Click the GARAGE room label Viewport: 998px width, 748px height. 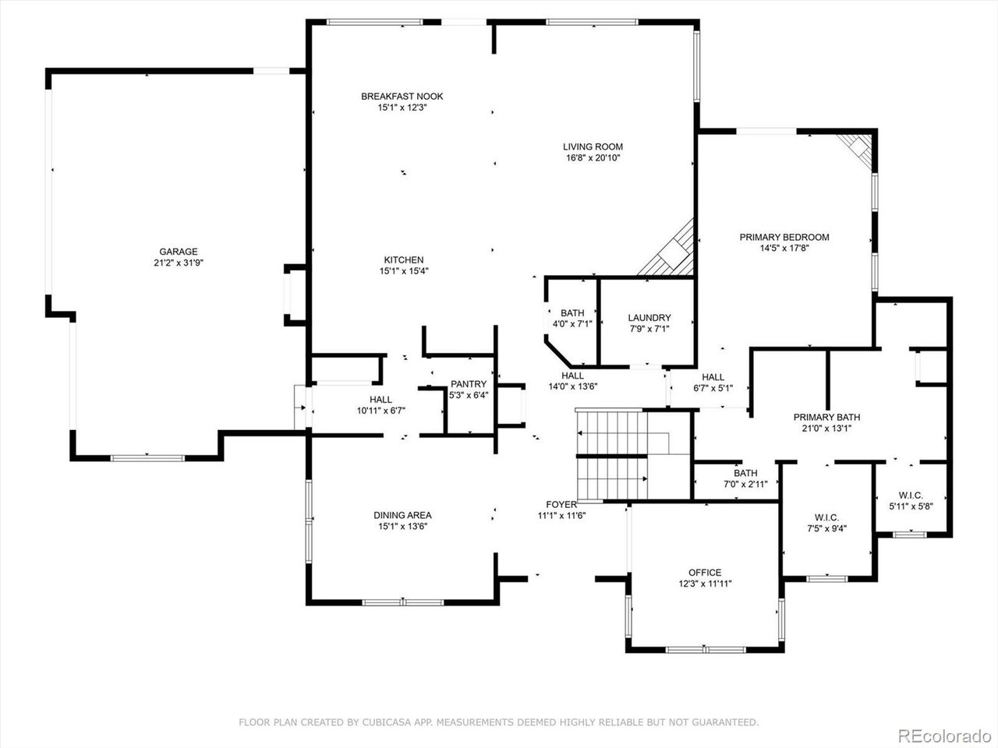tap(179, 252)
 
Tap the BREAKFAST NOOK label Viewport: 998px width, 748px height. tap(402, 97)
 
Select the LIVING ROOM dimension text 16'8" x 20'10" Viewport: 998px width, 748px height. tap(593, 157)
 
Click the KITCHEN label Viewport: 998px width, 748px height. tap(403, 260)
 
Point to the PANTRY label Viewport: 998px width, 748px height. tap(469, 384)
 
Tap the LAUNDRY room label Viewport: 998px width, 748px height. tap(649, 318)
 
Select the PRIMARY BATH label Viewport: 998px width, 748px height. tap(826, 418)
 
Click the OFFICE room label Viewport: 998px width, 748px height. tap(704, 573)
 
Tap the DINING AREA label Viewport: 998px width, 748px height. tap(402, 515)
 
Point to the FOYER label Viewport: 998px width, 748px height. tap(561, 504)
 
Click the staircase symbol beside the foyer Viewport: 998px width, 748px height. tap(612, 456)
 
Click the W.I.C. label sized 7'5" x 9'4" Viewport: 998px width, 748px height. tap(826, 517)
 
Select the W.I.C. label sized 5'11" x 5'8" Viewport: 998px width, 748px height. tap(911, 495)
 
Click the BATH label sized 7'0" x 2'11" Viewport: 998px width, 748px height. tap(745, 473)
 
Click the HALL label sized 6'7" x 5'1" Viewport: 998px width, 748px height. tap(713, 377)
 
